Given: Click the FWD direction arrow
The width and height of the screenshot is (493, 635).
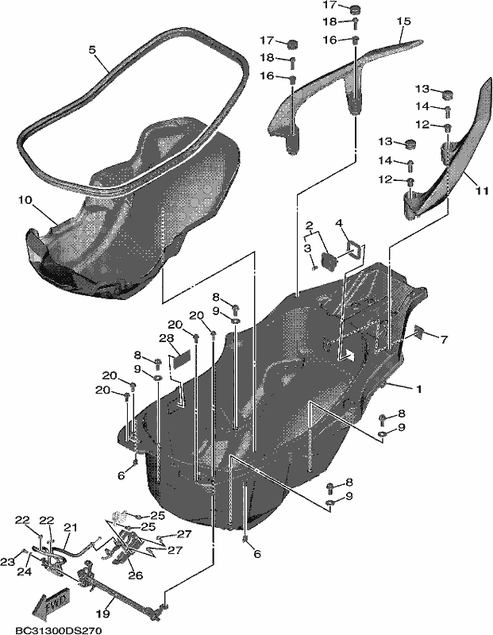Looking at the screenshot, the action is [51, 602].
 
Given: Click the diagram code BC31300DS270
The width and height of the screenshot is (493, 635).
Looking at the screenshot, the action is [58, 630].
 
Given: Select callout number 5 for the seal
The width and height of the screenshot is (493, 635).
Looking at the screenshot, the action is [92, 50].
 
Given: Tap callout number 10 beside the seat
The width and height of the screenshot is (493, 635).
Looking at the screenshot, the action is [25, 200].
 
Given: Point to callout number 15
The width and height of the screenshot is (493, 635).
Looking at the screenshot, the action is [403, 21].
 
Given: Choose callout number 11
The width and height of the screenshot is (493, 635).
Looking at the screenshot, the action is [481, 190].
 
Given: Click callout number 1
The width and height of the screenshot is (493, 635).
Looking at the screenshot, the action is [419, 389].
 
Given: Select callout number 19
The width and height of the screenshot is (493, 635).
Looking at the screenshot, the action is [103, 614].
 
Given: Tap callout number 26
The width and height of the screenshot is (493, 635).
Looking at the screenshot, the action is [135, 575].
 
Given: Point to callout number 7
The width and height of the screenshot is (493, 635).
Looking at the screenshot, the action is [444, 340].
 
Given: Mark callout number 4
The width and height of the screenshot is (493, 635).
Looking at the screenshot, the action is [338, 223].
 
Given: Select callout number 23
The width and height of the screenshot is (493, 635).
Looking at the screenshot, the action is [7, 562].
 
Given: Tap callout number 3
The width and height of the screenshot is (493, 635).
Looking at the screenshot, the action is [308, 248].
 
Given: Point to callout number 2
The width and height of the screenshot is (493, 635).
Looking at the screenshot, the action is [309, 225].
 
